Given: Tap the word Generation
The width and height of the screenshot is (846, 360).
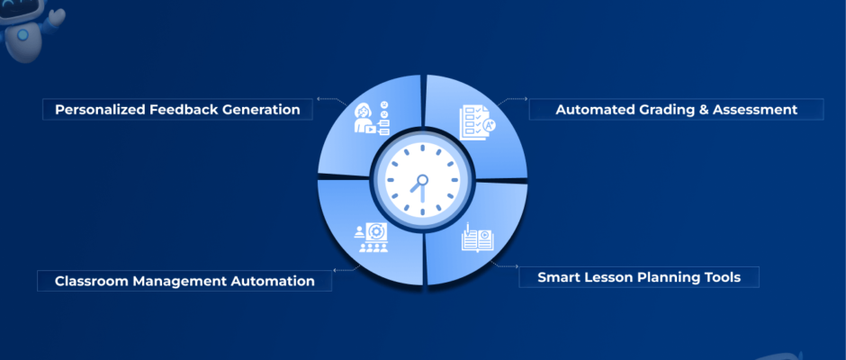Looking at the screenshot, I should (261, 110).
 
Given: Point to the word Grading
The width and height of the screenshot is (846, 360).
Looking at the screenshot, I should (664, 110).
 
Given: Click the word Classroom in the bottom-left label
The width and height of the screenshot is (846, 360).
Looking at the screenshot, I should (92, 281).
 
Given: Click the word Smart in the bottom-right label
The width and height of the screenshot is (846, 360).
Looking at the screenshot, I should (558, 277).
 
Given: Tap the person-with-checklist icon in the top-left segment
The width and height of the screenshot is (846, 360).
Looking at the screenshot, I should (371, 117).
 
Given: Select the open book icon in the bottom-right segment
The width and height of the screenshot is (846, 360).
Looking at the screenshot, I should (477, 238).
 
